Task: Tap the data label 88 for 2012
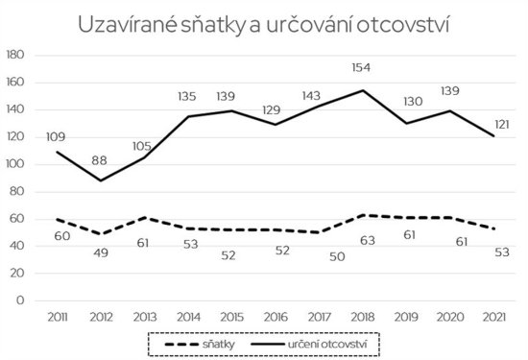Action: (x=98, y=159)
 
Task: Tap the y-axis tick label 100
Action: (x=15, y=164)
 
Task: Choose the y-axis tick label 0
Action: (x=20, y=300)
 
